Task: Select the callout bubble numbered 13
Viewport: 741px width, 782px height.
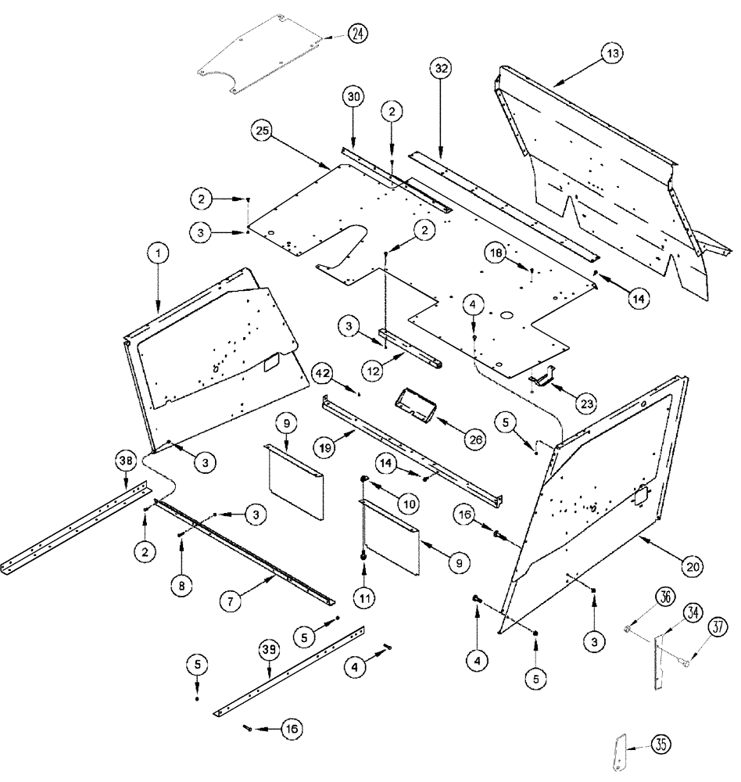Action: (x=613, y=53)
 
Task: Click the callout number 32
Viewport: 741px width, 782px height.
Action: (x=440, y=69)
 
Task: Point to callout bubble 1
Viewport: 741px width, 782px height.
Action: (x=158, y=253)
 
